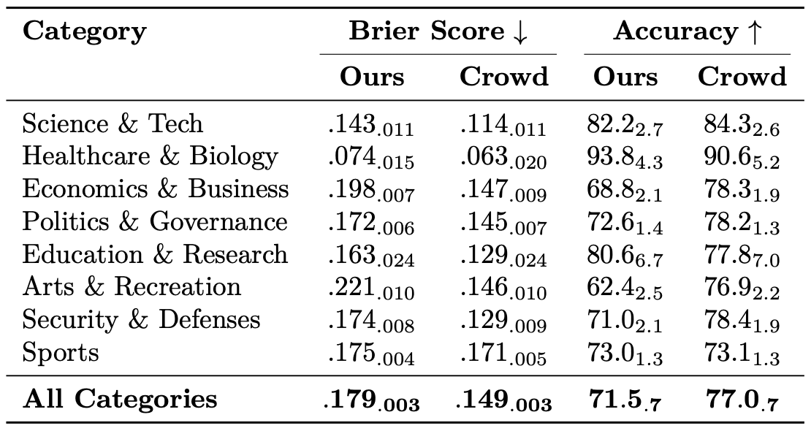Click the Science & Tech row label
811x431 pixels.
click(x=113, y=123)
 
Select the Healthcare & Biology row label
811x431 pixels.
click(x=150, y=157)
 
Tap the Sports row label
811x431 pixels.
click(x=60, y=353)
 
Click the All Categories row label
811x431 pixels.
click(x=120, y=400)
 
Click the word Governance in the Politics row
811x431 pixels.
click(x=218, y=222)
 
